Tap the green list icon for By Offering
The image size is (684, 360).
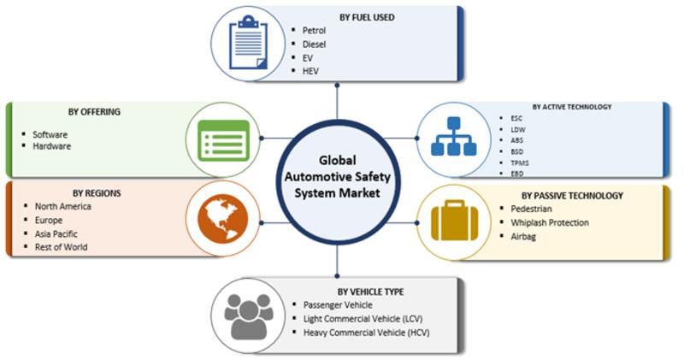[x=223, y=140]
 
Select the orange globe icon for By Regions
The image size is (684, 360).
[x=223, y=219]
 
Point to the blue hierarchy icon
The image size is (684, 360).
[x=454, y=136]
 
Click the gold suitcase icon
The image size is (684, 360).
[x=455, y=221]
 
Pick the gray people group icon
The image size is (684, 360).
[x=249, y=316]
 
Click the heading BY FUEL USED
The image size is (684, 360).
[x=367, y=17]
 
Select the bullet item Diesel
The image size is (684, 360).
[x=314, y=44]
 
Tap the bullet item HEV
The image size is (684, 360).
[x=310, y=71]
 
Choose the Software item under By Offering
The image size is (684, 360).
[x=50, y=134]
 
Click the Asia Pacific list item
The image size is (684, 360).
[x=56, y=234]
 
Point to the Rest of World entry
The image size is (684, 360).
[x=61, y=247]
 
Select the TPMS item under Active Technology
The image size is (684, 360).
[x=520, y=162]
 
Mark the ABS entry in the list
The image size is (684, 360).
[x=517, y=140]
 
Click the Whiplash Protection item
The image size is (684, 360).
[x=550, y=222]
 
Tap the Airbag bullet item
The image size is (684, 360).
[x=523, y=237]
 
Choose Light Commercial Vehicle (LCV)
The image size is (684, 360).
[x=363, y=319]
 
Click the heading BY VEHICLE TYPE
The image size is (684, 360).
[x=370, y=292]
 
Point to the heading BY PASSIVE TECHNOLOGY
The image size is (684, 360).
[x=572, y=196]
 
